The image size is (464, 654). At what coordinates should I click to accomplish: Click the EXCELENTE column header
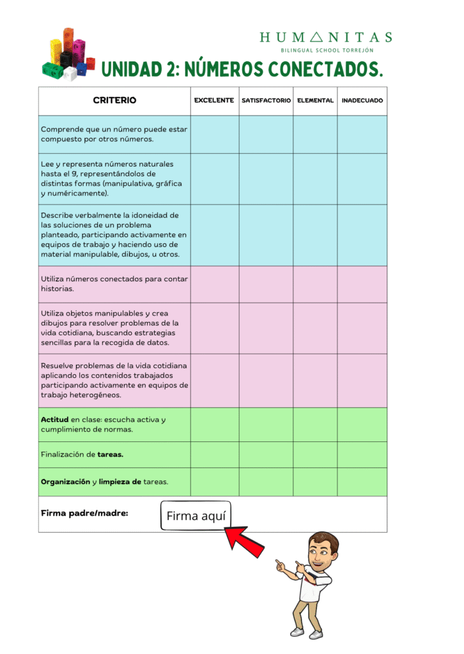[214, 101]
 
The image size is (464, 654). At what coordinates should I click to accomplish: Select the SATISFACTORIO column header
[266, 101]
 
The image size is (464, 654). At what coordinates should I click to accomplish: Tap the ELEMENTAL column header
[315, 101]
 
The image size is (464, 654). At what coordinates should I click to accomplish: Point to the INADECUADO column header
[362, 101]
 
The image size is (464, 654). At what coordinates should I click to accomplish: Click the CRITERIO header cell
[114, 101]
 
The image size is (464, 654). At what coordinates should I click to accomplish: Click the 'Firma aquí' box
[196, 516]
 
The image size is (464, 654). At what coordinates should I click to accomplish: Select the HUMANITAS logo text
[326, 38]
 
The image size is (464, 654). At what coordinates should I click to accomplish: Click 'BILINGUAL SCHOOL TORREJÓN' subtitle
[327, 50]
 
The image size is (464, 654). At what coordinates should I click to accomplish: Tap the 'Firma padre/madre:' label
[84, 512]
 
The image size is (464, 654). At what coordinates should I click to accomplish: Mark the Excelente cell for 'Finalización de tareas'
[214, 455]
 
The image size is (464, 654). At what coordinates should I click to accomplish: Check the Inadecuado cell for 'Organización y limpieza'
[362, 482]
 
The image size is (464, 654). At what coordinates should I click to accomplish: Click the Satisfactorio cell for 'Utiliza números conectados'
[266, 284]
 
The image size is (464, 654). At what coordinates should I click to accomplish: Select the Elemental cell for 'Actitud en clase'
[315, 425]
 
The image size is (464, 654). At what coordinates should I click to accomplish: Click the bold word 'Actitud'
[54, 420]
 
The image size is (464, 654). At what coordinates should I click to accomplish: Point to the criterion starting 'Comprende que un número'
[114, 133]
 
